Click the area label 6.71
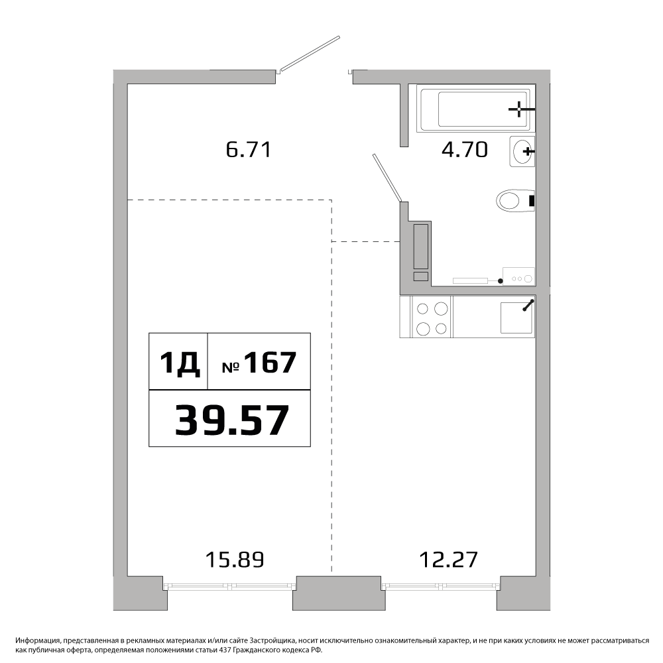click(x=248, y=150)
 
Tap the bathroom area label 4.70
click(x=465, y=150)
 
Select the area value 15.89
click(x=235, y=560)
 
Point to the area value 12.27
click(x=449, y=560)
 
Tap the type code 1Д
click(x=179, y=363)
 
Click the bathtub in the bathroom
click(x=475, y=109)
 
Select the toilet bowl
click(x=515, y=200)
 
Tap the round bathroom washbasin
click(x=522, y=151)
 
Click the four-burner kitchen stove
click(x=432, y=317)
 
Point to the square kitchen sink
click(x=516, y=318)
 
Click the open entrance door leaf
click(x=310, y=53)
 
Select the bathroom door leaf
click(x=387, y=178)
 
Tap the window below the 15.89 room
click(x=229, y=586)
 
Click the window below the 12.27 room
click(x=441, y=586)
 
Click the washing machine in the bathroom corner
click(x=518, y=276)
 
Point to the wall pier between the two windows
click(x=339, y=593)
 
